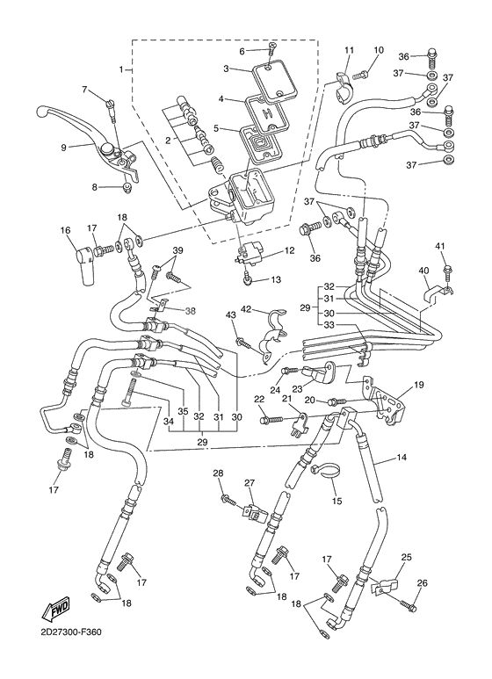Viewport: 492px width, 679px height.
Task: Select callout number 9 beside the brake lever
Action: pyautogui.click(x=63, y=148)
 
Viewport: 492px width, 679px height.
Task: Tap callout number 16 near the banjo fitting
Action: pyautogui.click(x=64, y=231)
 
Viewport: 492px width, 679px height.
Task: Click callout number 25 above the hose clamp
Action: pyautogui.click(x=406, y=558)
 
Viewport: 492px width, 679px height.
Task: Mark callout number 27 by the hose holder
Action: pyautogui.click(x=249, y=483)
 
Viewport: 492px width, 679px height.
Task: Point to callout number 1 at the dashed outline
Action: pyautogui.click(x=122, y=69)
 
